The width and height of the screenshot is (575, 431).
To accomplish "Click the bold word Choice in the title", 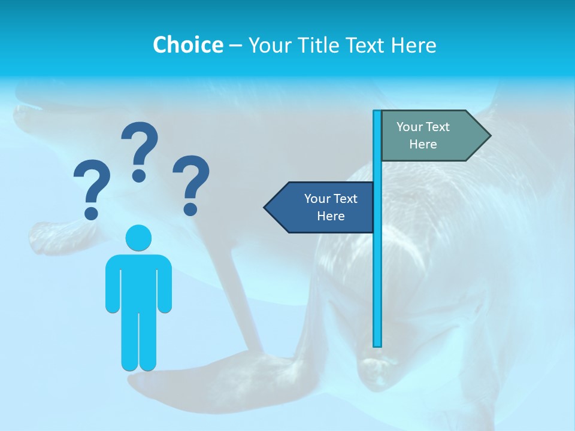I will tap(187, 45).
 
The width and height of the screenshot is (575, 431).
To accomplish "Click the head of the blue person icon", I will tap(138, 238).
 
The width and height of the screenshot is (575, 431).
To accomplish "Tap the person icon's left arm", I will tap(112, 284).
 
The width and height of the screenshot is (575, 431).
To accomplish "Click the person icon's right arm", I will tap(165, 284).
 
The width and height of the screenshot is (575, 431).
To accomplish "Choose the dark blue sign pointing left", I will tap(323, 208).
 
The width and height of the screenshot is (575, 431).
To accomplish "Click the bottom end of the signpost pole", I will tap(377, 344).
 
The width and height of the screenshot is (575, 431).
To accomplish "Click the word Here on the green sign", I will tap(423, 144).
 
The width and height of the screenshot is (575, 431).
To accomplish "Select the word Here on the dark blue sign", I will tap(331, 216).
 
